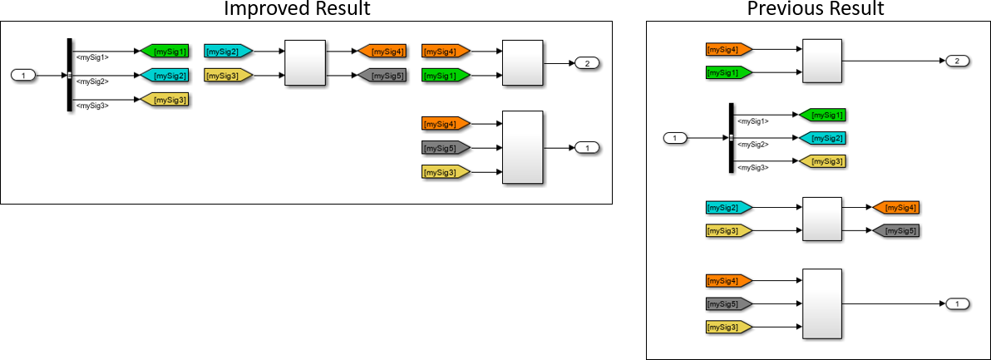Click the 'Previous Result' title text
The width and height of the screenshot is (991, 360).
coord(816,9)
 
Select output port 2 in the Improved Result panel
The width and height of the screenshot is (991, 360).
coord(587,63)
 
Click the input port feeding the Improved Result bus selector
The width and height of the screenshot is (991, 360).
coord(24,76)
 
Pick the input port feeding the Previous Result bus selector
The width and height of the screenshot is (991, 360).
coord(675,138)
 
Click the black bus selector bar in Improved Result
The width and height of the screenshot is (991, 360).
coord(69,75)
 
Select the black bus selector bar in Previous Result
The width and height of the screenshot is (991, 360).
coord(731,138)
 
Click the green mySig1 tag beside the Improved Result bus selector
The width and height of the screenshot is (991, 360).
coord(165,52)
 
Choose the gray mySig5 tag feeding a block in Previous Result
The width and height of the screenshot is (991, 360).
coord(728,303)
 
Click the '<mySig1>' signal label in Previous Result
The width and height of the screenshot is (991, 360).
coord(752,121)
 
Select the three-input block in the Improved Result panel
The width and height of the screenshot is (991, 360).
coord(523,148)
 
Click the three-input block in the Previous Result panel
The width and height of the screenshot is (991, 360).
coord(821,303)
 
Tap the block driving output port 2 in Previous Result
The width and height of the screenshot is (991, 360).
coord(821,61)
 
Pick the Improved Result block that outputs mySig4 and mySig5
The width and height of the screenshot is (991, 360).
coord(305,63)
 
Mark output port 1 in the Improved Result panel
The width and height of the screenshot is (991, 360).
coord(587,148)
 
